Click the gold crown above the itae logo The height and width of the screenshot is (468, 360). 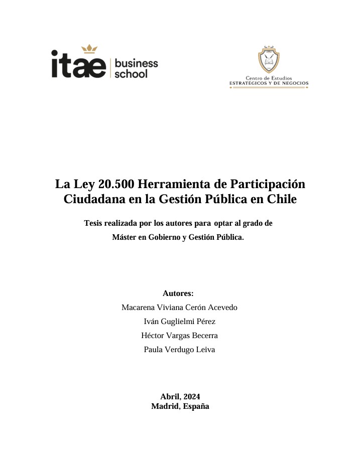coord(89,49)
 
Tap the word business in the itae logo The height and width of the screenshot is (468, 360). coord(137,63)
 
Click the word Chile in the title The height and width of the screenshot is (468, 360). coord(282,199)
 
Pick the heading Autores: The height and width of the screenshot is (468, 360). coord(178,293)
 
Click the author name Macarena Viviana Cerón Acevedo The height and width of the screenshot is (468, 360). coord(179,307)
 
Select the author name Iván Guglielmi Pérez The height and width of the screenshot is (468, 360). coord(179,322)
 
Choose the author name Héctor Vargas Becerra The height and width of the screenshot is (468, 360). coord(179,336)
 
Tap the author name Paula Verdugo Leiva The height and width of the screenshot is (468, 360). coord(179,350)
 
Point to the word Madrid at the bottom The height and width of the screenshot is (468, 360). coord(165,406)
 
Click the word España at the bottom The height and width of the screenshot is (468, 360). coord(196,406)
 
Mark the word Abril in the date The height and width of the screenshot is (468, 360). coord(170,396)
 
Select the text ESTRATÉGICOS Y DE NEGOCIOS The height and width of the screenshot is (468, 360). coord(269,83)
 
